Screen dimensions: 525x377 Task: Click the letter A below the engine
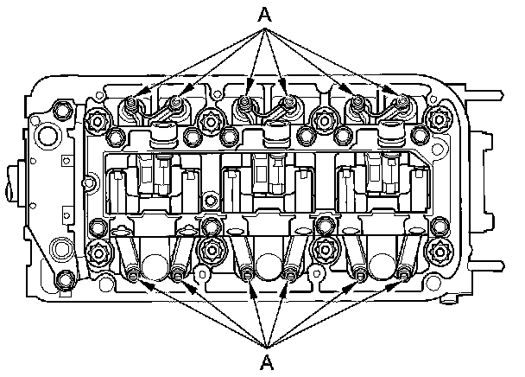[266, 358]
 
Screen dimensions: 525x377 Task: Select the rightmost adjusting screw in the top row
[402, 103]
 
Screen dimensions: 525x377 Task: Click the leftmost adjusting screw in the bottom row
[133, 276]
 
